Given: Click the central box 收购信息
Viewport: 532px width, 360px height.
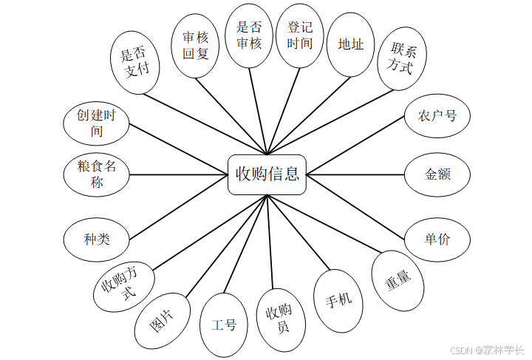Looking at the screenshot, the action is [267, 174].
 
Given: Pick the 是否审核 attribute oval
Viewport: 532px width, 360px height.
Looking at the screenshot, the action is [249, 35].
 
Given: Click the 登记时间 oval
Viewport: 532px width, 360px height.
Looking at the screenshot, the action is [299, 35].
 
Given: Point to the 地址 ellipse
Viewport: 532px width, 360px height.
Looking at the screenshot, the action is [350, 44].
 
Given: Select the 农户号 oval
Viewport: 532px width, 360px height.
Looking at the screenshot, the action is [437, 116].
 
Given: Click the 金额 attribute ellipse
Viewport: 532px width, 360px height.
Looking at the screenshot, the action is [437, 175].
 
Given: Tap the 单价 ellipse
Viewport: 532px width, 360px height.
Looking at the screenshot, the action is [437, 239].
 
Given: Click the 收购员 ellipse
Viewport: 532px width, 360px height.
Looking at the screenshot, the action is [277, 319].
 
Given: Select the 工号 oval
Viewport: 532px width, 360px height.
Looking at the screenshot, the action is [223, 325].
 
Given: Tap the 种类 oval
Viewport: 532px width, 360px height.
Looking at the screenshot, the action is [97, 239].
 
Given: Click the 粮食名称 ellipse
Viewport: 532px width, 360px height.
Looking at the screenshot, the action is [97, 175].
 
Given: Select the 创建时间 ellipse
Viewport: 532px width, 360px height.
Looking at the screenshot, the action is [97, 123].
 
